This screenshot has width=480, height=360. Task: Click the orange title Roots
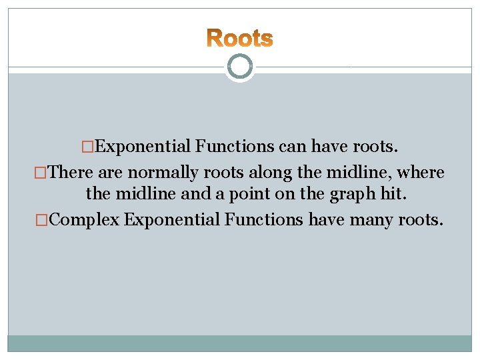click(x=239, y=38)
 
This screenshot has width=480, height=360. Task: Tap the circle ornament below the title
click(x=239, y=67)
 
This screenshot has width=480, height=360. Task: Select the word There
click(x=71, y=173)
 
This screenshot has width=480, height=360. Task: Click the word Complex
click(x=84, y=219)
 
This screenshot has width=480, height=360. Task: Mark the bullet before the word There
click(x=41, y=173)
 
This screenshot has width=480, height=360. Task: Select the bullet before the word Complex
click(x=41, y=219)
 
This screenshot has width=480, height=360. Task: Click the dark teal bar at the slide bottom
click(x=239, y=343)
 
